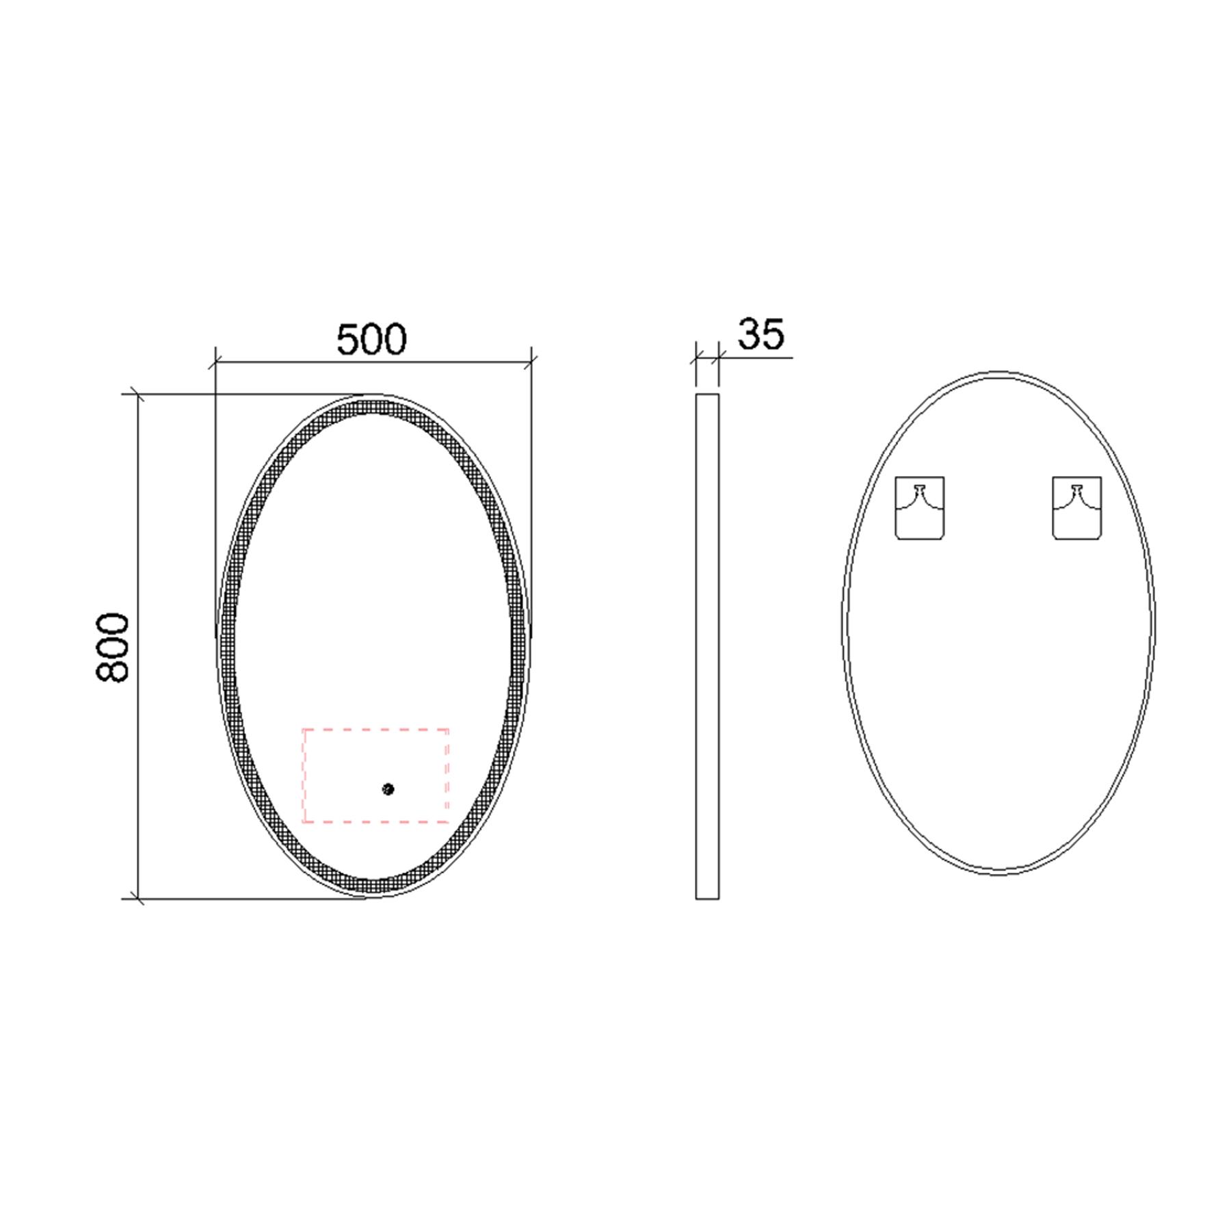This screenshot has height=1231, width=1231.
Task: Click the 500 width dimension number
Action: point(371,339)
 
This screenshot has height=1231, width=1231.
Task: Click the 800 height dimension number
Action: point(111,647)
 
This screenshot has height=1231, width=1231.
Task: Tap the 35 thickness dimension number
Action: point(760,334)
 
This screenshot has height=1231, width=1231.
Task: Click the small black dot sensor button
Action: point(388,789)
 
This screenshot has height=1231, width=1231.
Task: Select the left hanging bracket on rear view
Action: point(920,507)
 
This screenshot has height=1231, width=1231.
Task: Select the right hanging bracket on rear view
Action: point(1076,507)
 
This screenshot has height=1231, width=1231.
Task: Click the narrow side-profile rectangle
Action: point(707,646)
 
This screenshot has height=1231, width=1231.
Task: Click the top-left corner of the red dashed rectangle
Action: point(304,730)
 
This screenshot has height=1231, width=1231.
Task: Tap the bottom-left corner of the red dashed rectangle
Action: point(304,821)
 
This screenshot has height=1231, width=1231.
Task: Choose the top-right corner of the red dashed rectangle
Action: point(448,730)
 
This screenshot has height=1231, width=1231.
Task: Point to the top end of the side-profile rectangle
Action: point(707,395)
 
